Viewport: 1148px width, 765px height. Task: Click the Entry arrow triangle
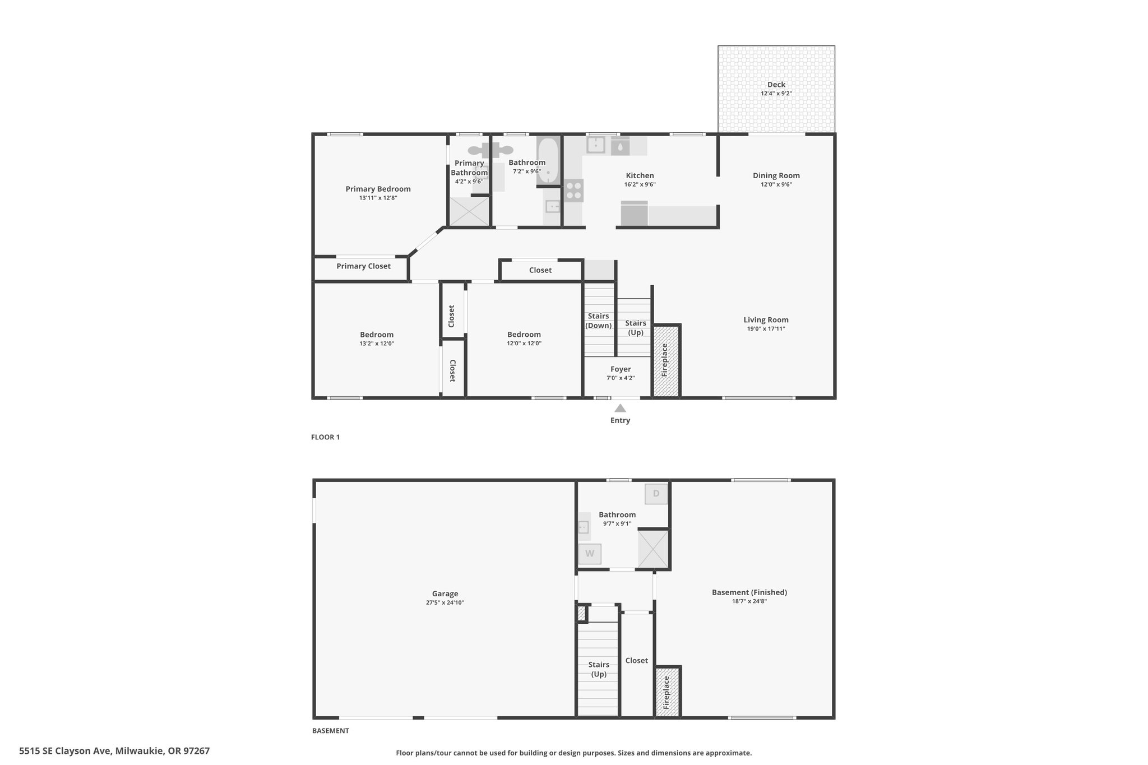point(620,408)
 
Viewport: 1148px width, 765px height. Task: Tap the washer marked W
point(590,554)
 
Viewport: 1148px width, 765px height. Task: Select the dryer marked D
point(656,494)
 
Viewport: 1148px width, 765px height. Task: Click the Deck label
point(776,85)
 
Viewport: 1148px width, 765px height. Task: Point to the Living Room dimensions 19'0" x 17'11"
point(766,329)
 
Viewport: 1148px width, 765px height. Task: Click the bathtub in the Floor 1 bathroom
point(548,161)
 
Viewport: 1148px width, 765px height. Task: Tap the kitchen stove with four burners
point(573,191)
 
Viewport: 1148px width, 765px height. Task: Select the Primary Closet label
point(363,266)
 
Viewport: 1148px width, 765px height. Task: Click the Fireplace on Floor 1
point(666,360)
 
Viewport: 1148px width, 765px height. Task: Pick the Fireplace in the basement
point(668,692)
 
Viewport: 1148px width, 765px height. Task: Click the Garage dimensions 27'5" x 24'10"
point(445,603)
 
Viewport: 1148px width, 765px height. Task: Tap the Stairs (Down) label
point(599,321)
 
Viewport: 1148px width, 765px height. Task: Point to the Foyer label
point(621,369)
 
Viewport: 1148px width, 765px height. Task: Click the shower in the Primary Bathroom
point(469,211)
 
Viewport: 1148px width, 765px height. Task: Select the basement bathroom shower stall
point(653,549)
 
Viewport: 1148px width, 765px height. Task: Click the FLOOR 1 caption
point(325,437)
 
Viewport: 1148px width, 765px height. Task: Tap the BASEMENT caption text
point(331,731)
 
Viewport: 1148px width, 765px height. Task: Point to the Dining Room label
point(776,175)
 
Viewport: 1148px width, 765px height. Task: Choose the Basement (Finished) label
point(749,592)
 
